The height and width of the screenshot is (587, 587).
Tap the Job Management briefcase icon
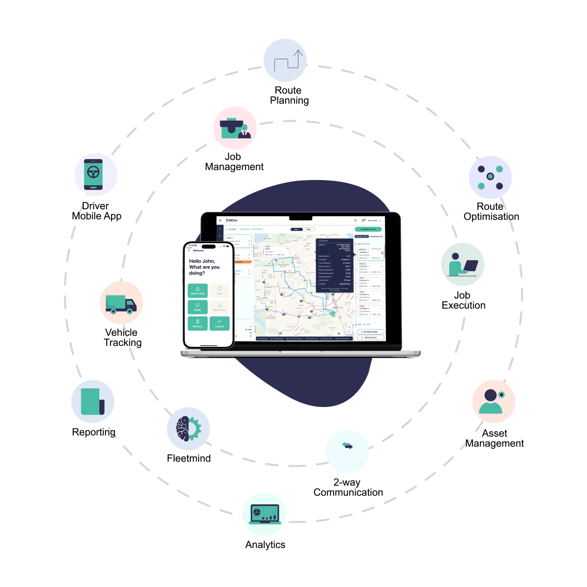point(235,128)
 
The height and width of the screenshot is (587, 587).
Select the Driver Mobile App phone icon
point(93,174)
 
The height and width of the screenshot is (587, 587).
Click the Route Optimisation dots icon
point(490,177)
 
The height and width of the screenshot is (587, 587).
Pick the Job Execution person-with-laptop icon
point(463,265)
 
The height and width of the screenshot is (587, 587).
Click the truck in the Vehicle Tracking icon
point(121,304)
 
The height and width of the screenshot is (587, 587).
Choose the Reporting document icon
point(92,402)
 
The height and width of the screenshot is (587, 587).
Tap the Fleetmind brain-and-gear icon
point(188,429)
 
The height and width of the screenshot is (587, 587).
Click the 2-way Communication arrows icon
point(347,446)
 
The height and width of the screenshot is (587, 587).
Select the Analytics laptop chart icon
point(264,514)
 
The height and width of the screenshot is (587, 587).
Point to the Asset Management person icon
point(493,402)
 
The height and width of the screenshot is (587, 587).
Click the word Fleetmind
point(189,458)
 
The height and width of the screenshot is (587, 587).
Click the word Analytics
point(265,544)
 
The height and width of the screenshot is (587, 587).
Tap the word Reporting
point(93,432)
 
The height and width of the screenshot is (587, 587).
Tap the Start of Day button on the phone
point(198,291)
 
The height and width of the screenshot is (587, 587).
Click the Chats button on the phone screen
point(198,307)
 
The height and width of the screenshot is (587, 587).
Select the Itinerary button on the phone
point(198,323)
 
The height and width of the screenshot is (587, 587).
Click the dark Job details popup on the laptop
point(335,265)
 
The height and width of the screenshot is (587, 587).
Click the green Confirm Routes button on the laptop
point(368,229)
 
